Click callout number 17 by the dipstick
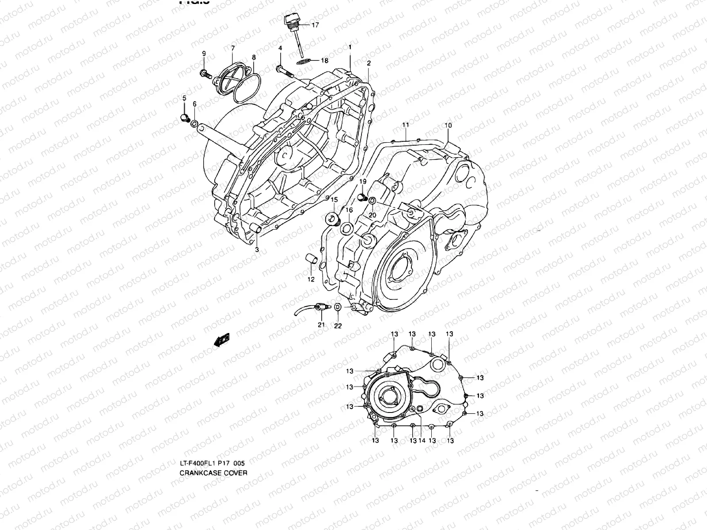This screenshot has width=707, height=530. tap(315, 25)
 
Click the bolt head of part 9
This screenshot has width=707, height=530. tap(204, 72)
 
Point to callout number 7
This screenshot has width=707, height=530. tap(233, 47)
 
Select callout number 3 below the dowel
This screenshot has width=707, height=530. tap(257, 250)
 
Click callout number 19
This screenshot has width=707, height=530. tap(362, 182)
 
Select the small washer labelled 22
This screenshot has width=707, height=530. tap(337, 307)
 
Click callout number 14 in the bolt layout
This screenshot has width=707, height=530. tap(422, 440)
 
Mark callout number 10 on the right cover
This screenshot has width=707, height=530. tap(448, 125)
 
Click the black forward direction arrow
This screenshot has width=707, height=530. tap(222, 339)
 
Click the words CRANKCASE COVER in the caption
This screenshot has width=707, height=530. tap(213, 473)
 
